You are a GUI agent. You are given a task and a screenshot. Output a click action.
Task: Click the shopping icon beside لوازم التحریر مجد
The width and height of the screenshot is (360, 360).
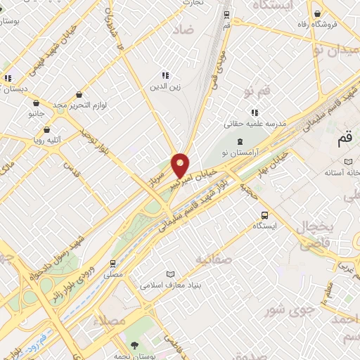(78, 94)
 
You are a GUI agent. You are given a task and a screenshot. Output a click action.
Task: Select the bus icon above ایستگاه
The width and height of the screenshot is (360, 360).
(264, 215)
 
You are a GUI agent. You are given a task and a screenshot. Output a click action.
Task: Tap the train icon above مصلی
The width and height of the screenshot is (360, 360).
(112, 264)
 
